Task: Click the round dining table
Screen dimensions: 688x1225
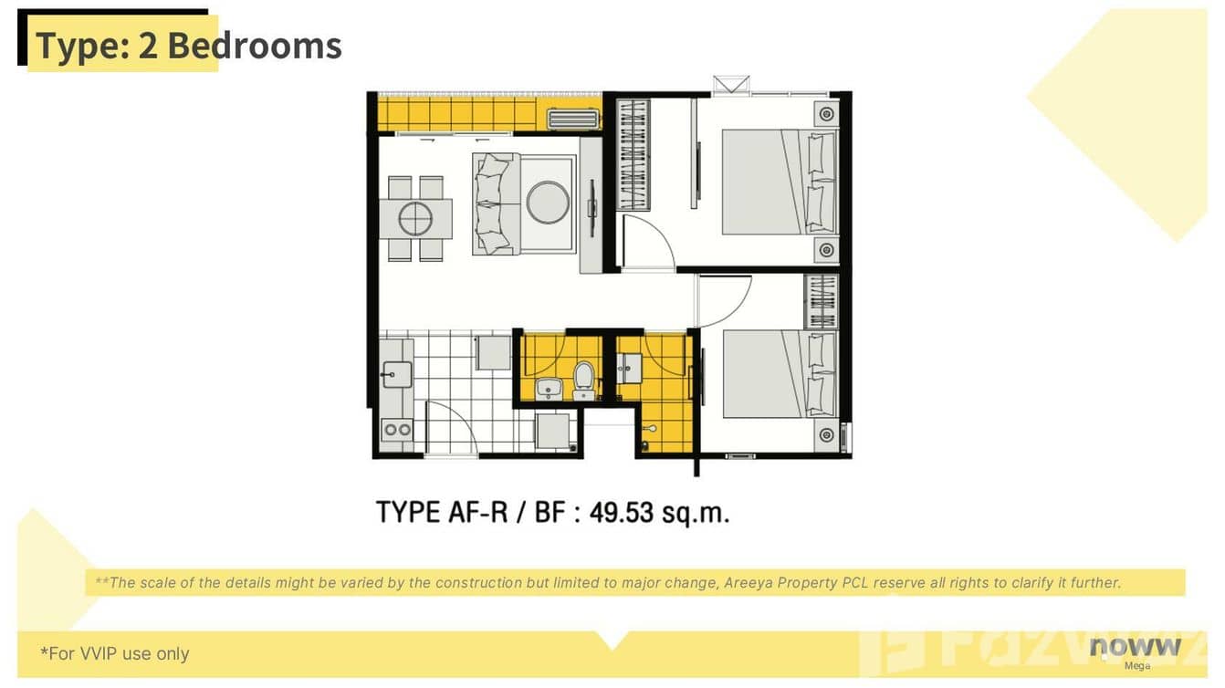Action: point(415,218)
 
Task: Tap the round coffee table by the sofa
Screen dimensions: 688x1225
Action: point(548,203)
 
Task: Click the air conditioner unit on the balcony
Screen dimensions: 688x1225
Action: point(573,119)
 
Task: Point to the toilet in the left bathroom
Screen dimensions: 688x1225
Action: point(583,379)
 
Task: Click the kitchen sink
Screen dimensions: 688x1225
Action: point(396,374)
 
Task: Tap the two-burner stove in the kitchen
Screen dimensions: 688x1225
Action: point(397,430)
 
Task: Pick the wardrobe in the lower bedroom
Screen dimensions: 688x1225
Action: point(820,301)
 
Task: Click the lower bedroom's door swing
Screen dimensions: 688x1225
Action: point(725,299)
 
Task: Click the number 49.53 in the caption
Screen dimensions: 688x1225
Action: point(622,513)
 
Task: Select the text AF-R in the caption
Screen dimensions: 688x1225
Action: point(483,513)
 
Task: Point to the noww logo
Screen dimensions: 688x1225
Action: point(1135,647)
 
